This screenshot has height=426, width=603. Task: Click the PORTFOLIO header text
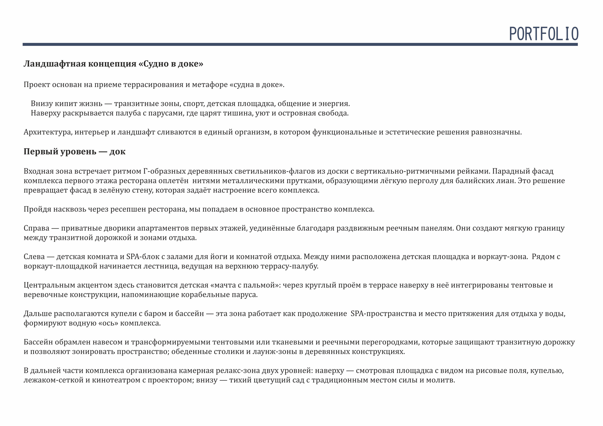(x=544, y=34)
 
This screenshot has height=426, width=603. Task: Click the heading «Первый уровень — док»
(x=75, y=152)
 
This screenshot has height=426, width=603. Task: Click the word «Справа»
(x=36, y=228)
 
